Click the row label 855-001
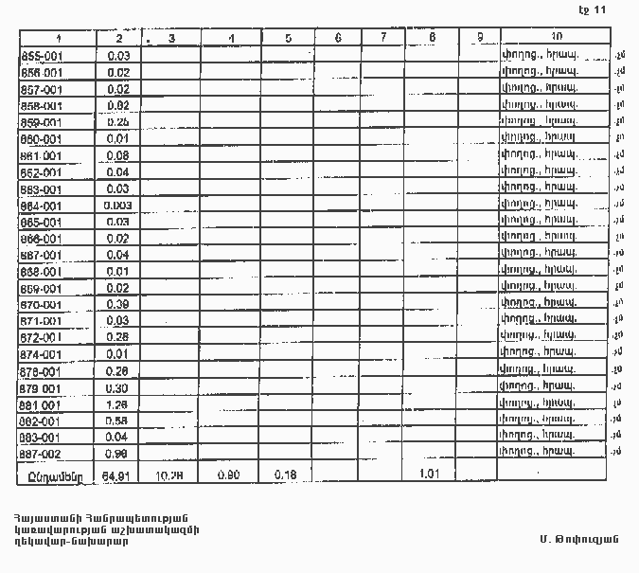(41, 56)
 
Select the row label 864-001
(41, 206)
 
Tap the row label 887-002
(41, 454)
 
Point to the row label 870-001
(41, 305)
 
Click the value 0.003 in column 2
(118, 206)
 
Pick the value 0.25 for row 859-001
(118, 122)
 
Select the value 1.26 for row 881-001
(118, 404)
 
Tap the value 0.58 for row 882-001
(118, 421)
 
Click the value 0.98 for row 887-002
(118, 454)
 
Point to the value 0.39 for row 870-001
(118, 305)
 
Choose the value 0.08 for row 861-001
(118, 155)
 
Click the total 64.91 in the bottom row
(118, 473)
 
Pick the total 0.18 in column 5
(283, 473)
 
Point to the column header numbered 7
(382, 38)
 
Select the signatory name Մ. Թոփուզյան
(570, 539)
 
